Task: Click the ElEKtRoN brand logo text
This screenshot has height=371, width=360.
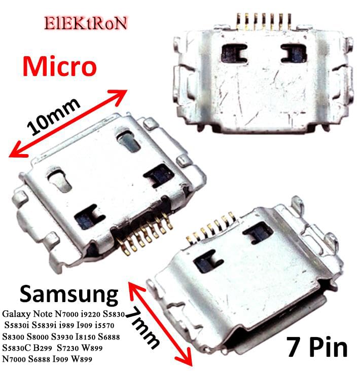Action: pos(86,23)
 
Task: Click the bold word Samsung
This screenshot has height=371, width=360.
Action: pos(68,294)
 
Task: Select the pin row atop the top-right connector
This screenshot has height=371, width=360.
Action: pos(264,19)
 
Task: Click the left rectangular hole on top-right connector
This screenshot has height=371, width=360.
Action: pos(235,51)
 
